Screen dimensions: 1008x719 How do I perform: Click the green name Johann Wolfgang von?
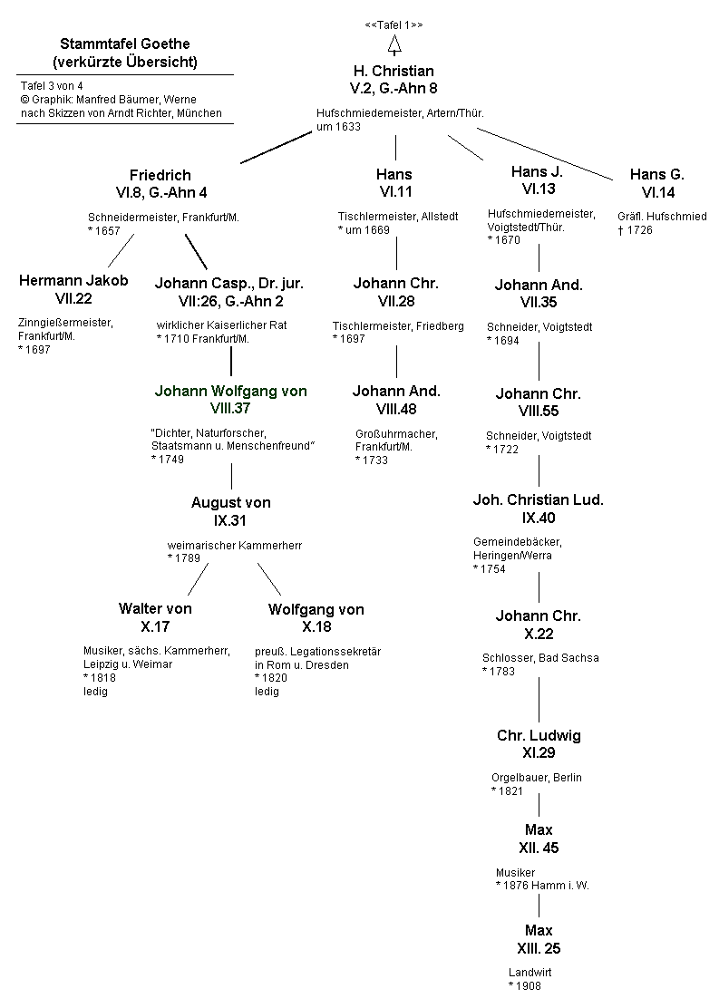point(230,392)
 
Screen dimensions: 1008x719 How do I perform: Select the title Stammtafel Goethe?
point(125,44)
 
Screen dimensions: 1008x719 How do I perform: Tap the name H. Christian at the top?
point(394,71)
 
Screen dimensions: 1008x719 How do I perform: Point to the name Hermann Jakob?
point(73,280)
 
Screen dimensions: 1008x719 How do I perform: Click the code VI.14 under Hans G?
point(657,192)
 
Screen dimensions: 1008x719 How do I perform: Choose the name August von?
point(230,502)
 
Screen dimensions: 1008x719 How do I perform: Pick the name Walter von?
point(155,608)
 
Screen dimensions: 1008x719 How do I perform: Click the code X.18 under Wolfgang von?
point(316,627)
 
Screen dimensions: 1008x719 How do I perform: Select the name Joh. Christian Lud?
point(539,499)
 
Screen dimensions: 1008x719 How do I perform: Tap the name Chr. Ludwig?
point(539,735)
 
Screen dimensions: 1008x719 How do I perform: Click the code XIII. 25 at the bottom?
point(539,949)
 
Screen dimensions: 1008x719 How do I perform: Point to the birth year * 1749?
point(168,460)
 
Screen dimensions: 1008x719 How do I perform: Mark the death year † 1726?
point(635,230)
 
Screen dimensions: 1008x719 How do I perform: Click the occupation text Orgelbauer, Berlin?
point(537,777)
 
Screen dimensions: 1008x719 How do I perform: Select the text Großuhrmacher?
point(396,434)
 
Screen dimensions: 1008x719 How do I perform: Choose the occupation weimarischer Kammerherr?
point(234,545)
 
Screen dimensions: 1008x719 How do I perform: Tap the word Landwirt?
point(530,973)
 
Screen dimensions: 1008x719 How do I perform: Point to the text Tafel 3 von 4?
point(52,86)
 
